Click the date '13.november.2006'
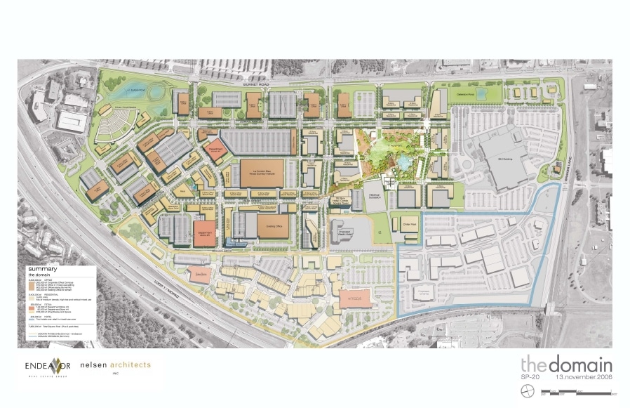tap(583, 377)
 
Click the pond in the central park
tap(403, 163)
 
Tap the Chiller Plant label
tap(409, 225)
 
